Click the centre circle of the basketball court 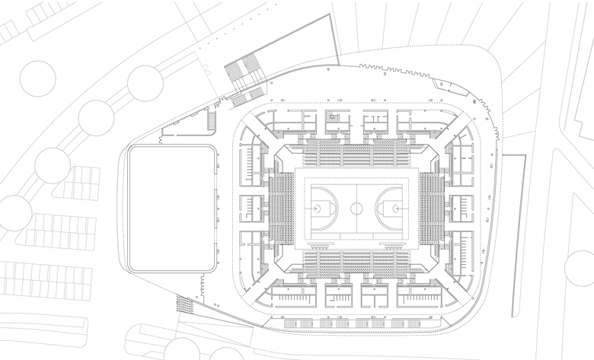click(x=356, y=206)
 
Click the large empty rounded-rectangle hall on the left click(x=171, y=209)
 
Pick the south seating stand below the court click(x=356, y=262)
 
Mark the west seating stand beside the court click(x=283, y=206)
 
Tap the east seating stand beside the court click(x=430, y=206)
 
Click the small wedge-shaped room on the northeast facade click(x=442, y=85)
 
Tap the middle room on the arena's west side click(x=252, y=207)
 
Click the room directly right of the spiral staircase click(x=375, y=122)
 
